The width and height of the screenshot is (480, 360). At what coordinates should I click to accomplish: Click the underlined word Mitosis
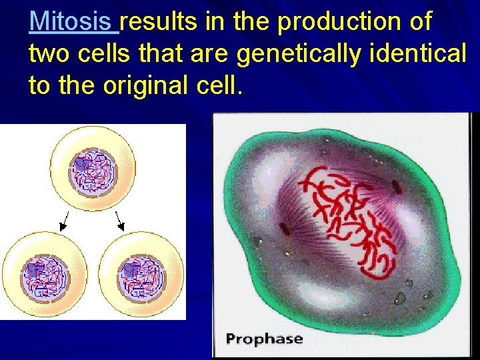73,22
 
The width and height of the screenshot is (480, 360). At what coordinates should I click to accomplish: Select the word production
339,22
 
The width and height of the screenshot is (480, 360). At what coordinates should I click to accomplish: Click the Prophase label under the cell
264,339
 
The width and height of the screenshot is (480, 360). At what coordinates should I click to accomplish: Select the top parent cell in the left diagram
93,167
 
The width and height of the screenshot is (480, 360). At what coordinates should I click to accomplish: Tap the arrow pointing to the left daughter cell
65,221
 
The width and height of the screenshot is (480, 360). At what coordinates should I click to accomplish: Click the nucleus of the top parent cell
94,171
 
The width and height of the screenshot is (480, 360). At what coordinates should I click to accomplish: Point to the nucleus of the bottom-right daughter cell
141,276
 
